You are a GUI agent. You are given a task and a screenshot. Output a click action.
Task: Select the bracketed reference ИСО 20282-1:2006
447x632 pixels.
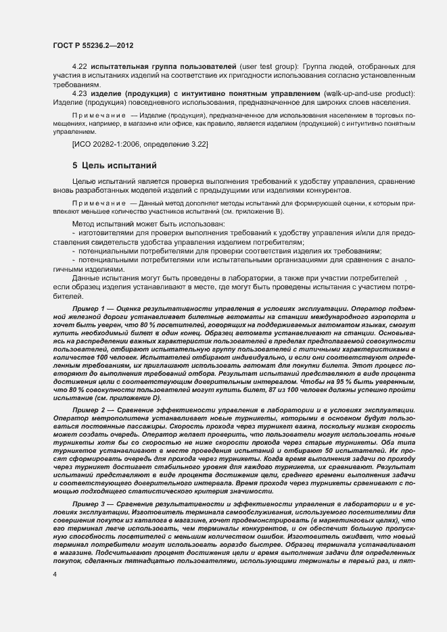tap(112, 145)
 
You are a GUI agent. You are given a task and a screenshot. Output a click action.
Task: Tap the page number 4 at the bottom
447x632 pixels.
tap(54, 574)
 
